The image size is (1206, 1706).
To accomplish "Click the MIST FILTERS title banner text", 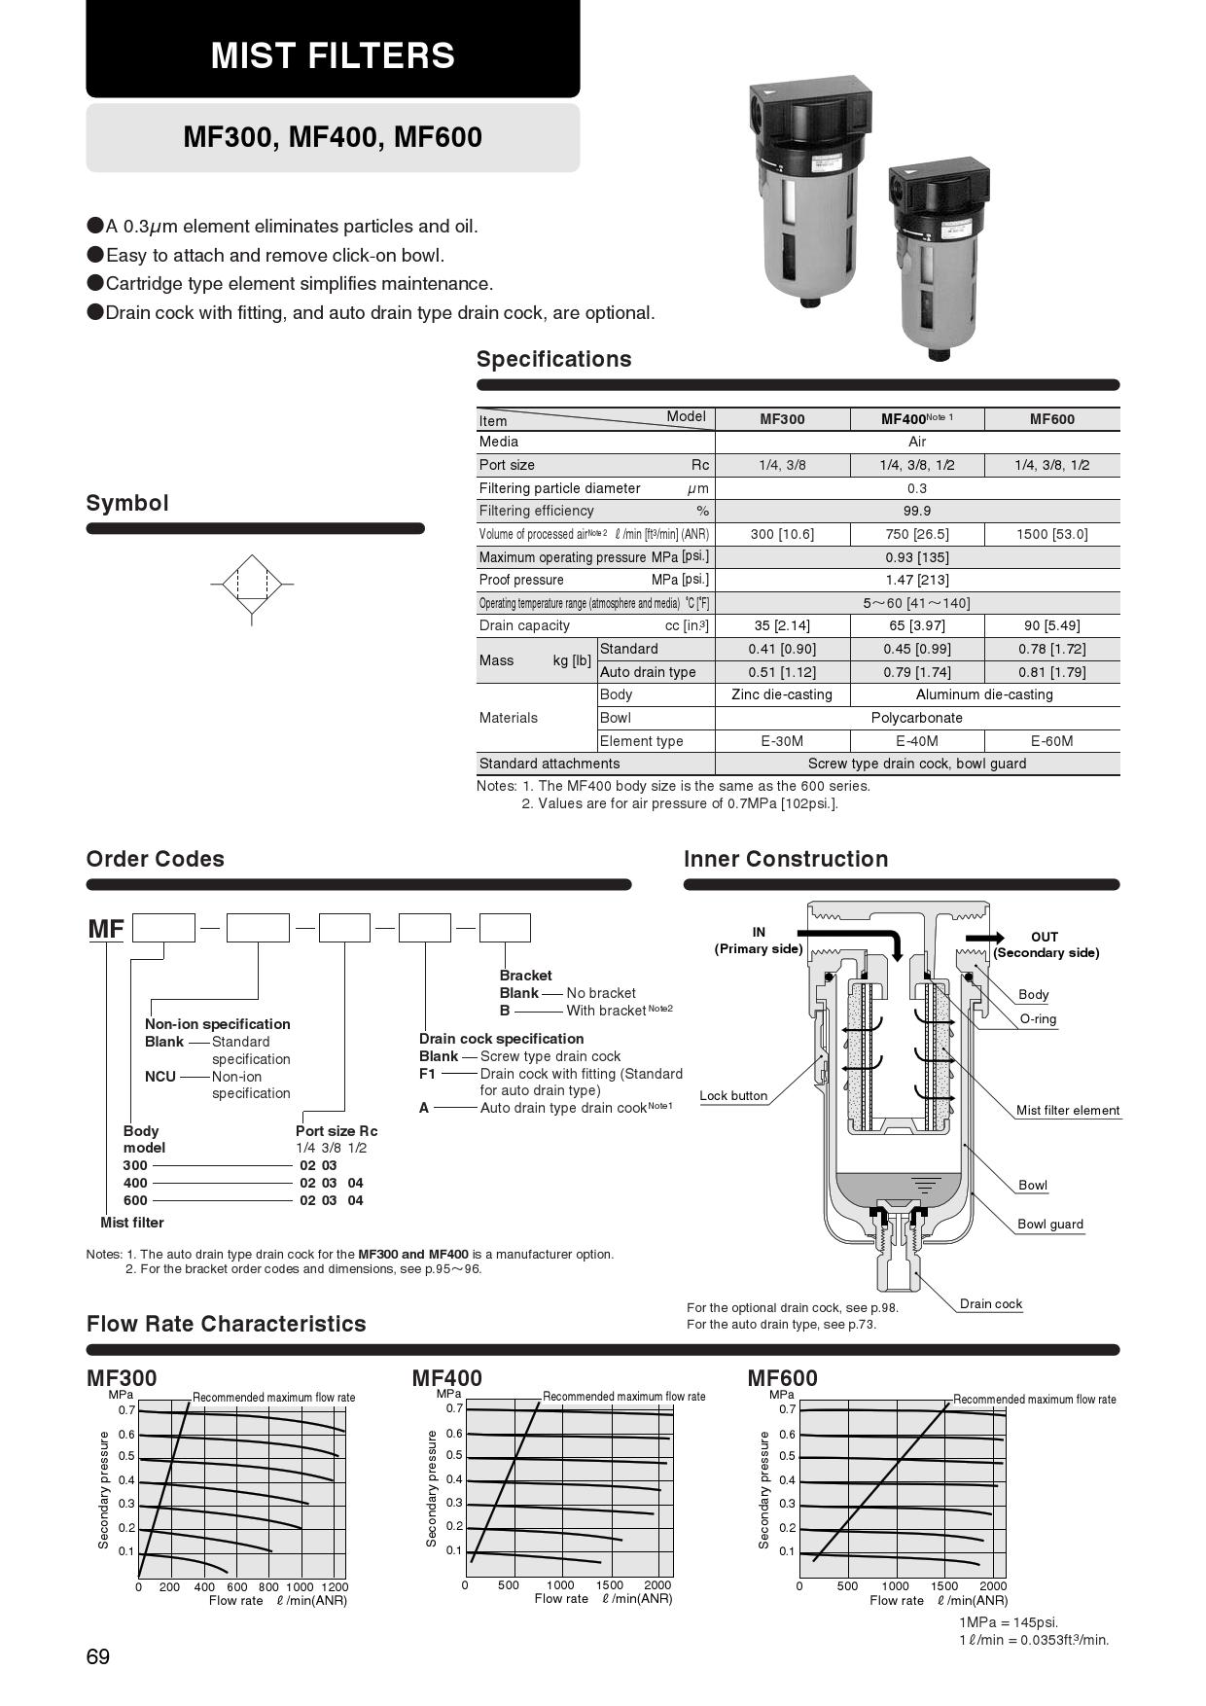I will click(x=333, y=55).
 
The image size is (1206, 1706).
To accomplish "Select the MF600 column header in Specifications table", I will click(x=1051, y=419).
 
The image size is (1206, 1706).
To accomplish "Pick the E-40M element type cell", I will click(x=916, y=741).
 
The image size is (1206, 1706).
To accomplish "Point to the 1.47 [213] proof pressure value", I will click(x=916, y=580).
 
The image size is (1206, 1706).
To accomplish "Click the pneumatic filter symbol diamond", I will click(x=252, y=585).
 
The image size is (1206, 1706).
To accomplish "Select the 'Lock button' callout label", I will click(x=733, y=1095).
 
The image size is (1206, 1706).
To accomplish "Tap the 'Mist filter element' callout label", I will click(x=1067, y=1110).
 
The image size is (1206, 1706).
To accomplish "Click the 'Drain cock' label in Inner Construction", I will click(x=990, y=1303).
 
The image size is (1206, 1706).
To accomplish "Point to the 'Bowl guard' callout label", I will click(x=1049, y=1224).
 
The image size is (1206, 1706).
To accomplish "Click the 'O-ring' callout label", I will click(x=1037, y=1019).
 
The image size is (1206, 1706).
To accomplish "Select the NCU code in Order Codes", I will click(x=160, y=1076).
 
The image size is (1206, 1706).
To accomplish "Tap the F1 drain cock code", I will click(x=427, y=1074).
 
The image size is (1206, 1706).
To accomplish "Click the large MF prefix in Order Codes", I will click(x=106, y=929).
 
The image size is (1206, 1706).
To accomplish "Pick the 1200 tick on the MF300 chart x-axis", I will click(x=334, y=1587).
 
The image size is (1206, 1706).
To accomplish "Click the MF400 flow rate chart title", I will click(x=446, y=1378).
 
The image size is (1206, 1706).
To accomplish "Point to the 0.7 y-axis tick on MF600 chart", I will click(x=787, y=1409).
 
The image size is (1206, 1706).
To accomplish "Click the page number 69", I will click(x=98, y=1657).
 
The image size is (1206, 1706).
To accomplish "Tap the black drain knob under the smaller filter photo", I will click(x=939, y=353).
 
